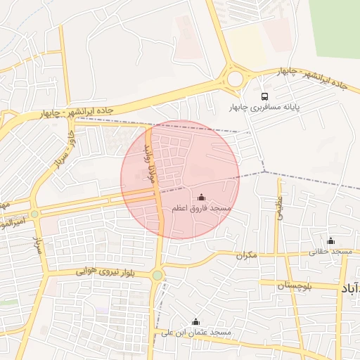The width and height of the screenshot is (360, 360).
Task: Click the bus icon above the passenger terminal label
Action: pyautogui.click(x=264, y=96)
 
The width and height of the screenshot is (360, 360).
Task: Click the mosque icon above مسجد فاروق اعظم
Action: pyautogui.click(x=202, y=198)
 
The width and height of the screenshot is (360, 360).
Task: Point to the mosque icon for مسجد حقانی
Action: pyautogui.click(x=330, y=240)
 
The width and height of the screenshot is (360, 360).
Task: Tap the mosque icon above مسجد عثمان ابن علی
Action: pyautogui.click(x=195, y=321)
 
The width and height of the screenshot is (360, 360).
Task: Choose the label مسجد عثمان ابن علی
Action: pyautogui.click(x=195, y=332)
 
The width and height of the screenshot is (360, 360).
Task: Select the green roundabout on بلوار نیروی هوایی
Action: pyautogui.click(x=157, y=275)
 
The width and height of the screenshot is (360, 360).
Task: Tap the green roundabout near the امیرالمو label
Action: pyautogui.click(x=34, y=213)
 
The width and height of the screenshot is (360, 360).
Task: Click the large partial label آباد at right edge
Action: pyautogui.click(x=350, y=289)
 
